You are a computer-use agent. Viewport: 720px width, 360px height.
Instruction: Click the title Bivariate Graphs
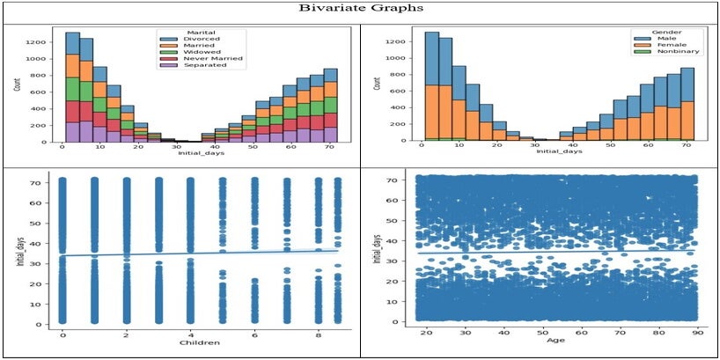(359, 9)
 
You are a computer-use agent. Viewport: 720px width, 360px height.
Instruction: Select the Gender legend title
(665, 33)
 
